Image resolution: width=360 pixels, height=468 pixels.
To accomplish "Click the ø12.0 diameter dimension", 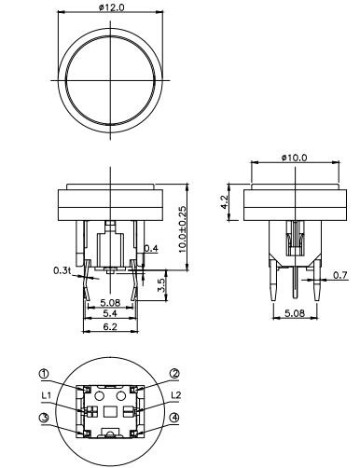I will pos(111,7).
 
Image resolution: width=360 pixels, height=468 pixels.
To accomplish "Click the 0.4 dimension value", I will pos(152,248).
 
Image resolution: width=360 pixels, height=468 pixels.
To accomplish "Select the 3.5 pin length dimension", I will pos(159,283).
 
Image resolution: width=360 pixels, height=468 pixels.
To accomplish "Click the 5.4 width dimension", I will pos(111,315).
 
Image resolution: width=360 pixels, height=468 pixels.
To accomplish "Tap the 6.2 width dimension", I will pos(111,329).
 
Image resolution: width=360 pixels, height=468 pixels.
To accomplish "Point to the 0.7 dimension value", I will pos(340,275).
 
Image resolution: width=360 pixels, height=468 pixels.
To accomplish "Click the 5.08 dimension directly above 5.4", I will pos(111,302).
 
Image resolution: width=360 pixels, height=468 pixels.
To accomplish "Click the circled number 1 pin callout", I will pos(45,374).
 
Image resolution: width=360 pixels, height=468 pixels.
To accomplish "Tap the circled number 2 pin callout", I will pos(174,374).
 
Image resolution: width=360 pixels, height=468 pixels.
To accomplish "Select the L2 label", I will pos(173,395).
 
